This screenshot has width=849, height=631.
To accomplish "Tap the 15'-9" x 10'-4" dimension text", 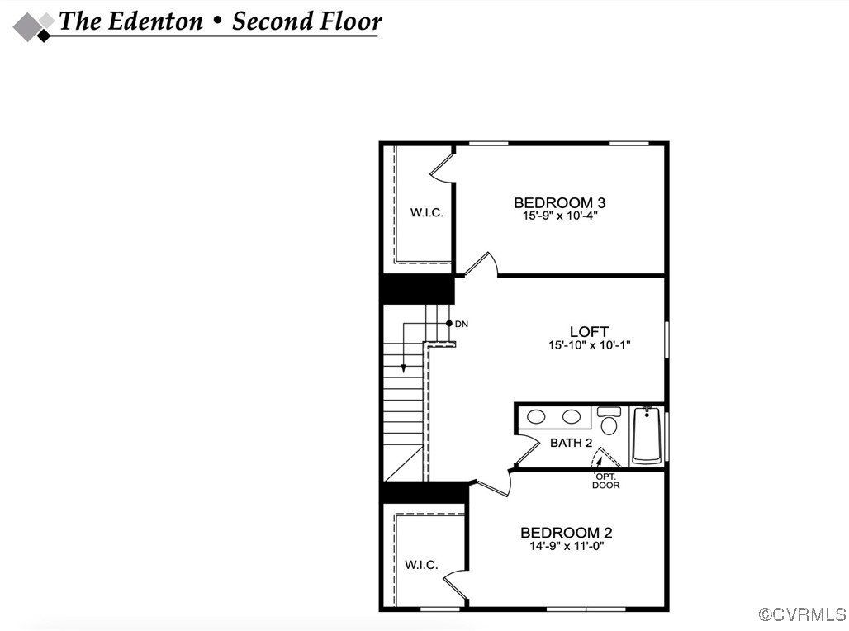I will coord(559,216).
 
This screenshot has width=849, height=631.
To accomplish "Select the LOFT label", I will coord(589,332).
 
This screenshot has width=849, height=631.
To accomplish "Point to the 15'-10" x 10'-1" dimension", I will coord(589,345).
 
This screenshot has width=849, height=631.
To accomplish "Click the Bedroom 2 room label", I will coord(566,533).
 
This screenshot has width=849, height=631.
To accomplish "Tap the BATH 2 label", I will coord(572,443).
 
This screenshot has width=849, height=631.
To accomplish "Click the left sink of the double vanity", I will coord(537,417).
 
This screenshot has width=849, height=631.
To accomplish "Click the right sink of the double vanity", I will coord(572,417).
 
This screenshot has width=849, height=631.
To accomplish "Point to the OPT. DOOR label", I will coord(605,481).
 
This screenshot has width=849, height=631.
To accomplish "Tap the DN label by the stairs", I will coord(462,324).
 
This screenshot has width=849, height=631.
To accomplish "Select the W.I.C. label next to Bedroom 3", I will coord(427,212).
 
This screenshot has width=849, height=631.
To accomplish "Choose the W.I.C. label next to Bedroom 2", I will coord(421,565).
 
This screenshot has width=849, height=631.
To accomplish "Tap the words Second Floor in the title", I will coord(306,21).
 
